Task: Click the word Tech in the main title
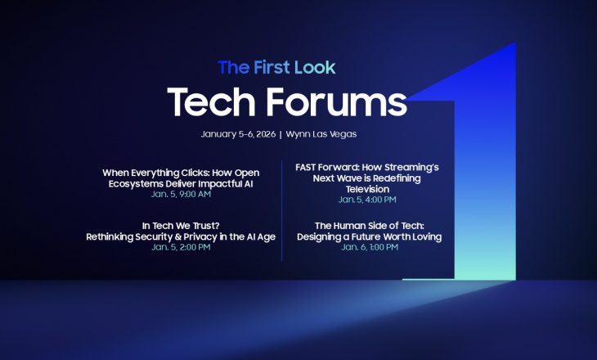(213, 102)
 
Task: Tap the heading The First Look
(276, 68)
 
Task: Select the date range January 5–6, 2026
(237, 133)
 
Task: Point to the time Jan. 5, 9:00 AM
(181, 194)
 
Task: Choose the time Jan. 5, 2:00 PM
(181, 247)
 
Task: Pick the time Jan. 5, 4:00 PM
(367, 200)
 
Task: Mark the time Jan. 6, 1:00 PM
(370, 247)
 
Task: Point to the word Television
(367, 189)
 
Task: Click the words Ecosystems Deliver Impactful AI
(181, 183)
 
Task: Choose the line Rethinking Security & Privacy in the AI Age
(181, 236)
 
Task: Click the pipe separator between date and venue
(280, 133)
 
